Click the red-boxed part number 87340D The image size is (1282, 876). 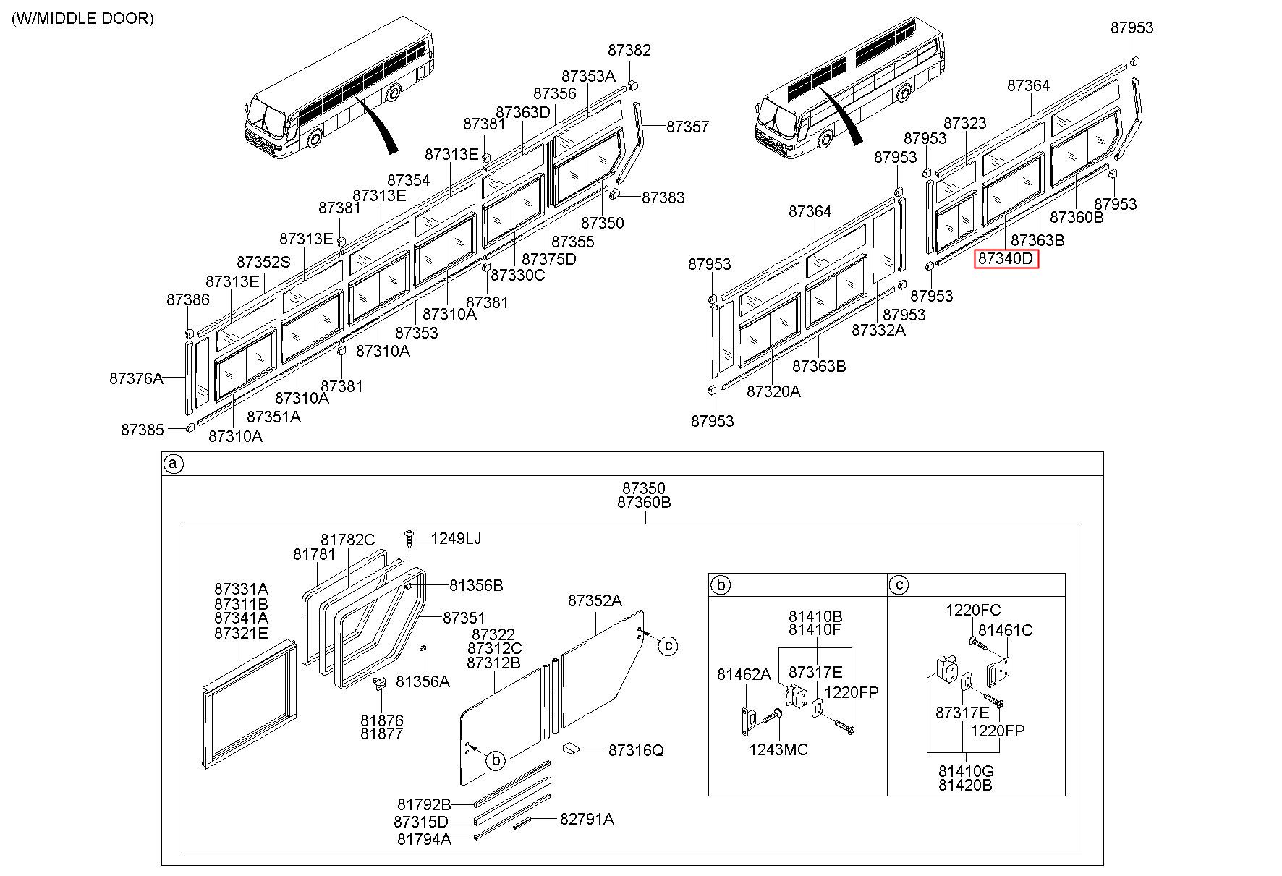point(1006,259)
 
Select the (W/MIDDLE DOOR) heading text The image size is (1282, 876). point(82,19)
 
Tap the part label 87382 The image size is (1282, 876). point(629,50)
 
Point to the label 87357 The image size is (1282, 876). point(688,127)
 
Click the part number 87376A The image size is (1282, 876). point(137,378)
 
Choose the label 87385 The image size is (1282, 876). point(143,430)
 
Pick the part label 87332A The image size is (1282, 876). point(878,330)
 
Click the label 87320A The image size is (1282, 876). point(774,391)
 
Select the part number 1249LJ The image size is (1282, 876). point(456,538)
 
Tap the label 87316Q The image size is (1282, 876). point(636,750)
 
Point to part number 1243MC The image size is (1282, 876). point(778,749)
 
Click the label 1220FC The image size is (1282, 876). point(973,610)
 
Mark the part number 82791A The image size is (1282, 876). point(587,819)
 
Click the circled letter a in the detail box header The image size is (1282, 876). point(173,464)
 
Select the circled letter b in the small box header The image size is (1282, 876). point(721,584)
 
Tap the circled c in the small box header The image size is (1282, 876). point(899,584)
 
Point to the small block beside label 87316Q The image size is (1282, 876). point(572,747)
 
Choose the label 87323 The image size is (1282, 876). point(965,124)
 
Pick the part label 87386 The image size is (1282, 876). point(188,299)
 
